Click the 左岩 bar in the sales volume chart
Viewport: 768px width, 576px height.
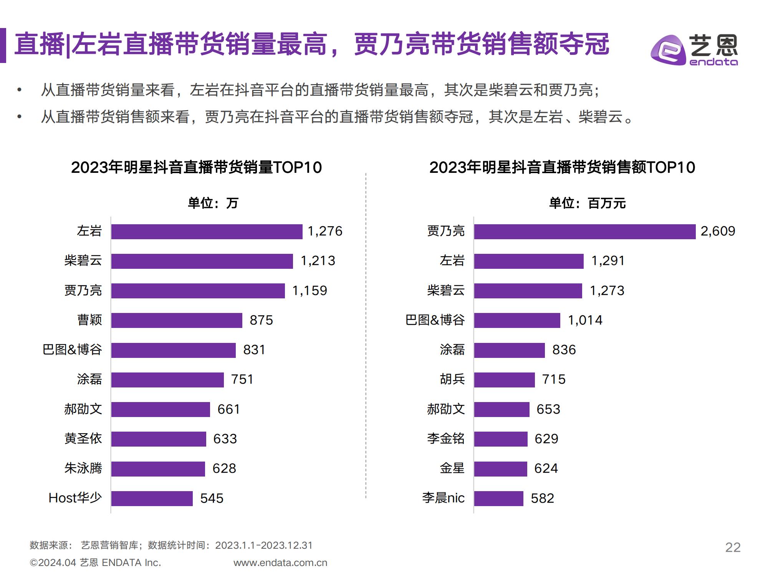pyautogui.click(x=207, y=232)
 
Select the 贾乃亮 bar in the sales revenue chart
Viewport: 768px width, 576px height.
pyautogui.click(x=584, y=232)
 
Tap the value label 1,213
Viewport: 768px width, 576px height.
pyautogui.click(x=318, y=261)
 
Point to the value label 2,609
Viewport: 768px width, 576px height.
pyautogui.click(x=718, y=231)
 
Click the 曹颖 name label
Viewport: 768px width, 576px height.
pyautogui.click(x=89, y=320)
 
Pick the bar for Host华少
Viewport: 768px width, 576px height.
pyautogui.click(x=152, y=498)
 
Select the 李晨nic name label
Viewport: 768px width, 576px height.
pyautogui.click(x=444, y=498)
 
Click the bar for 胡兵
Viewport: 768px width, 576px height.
pyautogui.click(x=504, y=380)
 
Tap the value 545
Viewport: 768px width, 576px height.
pyautogui.click(x=212, y=498)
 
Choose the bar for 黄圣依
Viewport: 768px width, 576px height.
pyautogui.click(x=159, y=439)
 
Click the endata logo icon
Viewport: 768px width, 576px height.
pyautogui.click(x=668, y=50)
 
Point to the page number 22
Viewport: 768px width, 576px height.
pyautogui.click(x=733, y=547)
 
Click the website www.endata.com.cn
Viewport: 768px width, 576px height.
pyautogui.click(x=280, y=563)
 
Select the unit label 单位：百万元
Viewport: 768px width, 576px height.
pyautogui.click(x=587, y=203)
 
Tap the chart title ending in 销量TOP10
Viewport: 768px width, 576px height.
pyautogui.click(x=196, y=167)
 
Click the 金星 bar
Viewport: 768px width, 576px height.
pyautogui.click(x=500, y=469)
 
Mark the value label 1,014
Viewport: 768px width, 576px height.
pyautogui.click(x=585, y=320)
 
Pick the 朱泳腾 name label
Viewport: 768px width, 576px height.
pyautogui.click(x=83, y=468)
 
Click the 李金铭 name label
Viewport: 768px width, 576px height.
pyautogui.click(x=446, y=439)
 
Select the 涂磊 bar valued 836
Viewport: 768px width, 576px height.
pyautogui.click(x=509, y=350)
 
